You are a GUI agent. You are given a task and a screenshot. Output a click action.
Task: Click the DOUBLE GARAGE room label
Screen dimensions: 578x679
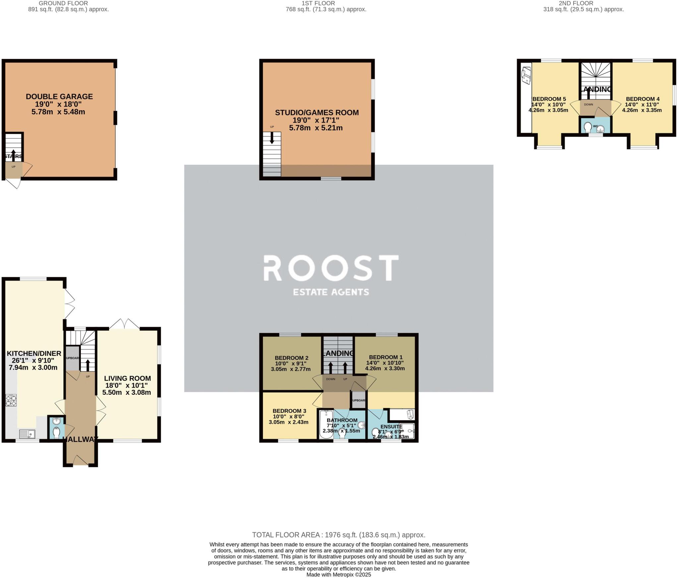(59, 96)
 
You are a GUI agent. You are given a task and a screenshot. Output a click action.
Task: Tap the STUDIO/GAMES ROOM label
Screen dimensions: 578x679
(317, 112)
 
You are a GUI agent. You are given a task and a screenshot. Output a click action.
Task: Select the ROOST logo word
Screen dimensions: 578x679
(331, 268)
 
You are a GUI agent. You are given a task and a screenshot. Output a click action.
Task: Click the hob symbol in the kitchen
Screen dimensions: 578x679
(11, 400)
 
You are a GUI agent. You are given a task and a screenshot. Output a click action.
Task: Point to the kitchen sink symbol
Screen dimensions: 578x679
(27, 433)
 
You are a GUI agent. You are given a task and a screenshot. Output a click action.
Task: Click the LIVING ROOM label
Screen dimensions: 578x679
(127, 378)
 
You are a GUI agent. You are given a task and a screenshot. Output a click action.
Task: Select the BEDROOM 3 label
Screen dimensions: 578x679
(289, 411)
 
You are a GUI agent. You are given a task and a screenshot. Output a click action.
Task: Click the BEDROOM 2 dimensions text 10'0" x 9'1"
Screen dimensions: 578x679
(291, 363)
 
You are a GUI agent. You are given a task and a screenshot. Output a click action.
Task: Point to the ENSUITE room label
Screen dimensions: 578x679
(391, 427)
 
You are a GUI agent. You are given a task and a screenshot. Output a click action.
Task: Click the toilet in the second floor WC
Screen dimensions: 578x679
(588, 127)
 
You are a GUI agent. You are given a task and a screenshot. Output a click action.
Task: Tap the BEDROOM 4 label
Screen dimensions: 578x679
(643, 99)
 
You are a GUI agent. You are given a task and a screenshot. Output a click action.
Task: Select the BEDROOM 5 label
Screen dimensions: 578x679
(549, 99)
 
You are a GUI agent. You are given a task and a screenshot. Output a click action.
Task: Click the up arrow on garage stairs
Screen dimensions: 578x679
(14, 155)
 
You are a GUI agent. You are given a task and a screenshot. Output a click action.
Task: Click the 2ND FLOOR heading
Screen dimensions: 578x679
(583, 3)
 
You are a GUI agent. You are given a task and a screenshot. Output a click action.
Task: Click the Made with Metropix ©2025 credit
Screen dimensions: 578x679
(339, 575)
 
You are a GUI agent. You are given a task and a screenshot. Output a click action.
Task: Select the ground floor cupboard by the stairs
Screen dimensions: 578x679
(72, 358)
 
